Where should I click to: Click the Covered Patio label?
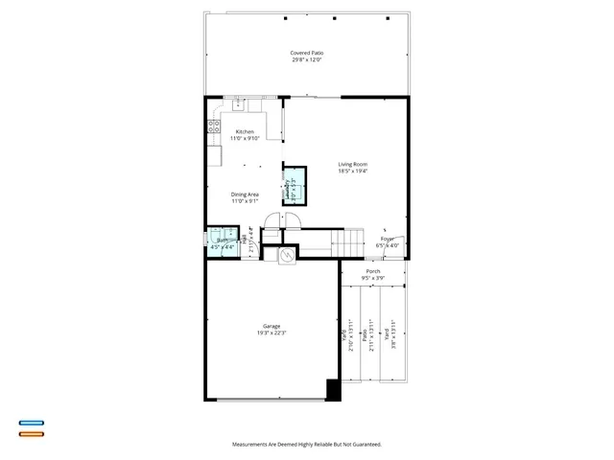(306, 53)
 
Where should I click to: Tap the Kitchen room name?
(245, 131)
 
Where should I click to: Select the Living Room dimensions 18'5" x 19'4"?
(352, 172)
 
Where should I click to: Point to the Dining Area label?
(245, 195)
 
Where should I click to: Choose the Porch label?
(373, 271)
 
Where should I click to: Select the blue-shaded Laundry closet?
(294, 188)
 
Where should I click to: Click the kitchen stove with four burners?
(214, 126)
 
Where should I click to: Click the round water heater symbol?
(286, 256)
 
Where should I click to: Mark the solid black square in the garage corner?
(333, 390)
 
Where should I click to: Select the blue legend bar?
(31, 423)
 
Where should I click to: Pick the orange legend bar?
(31, 434)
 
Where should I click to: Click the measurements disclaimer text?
(306, 445)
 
